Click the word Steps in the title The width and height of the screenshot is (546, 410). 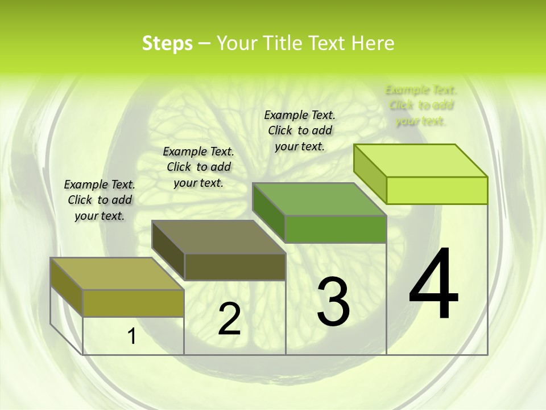point(167,43)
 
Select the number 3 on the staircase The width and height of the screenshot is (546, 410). point(333,302)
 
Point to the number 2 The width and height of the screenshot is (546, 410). point(229,319)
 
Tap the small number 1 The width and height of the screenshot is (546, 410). point(132,337)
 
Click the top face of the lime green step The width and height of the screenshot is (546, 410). point(420,161)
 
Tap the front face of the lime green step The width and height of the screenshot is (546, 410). point(437,190)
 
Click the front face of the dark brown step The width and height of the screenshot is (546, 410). point(235,266)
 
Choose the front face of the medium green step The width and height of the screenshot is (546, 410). point(336,229)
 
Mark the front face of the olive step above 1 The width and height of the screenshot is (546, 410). point(134,303)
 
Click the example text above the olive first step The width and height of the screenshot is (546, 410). point(100,200)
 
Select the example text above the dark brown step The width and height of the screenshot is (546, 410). point(198,167)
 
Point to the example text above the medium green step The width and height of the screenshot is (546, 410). point(300,130)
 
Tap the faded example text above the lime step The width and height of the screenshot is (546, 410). point(421,105)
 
